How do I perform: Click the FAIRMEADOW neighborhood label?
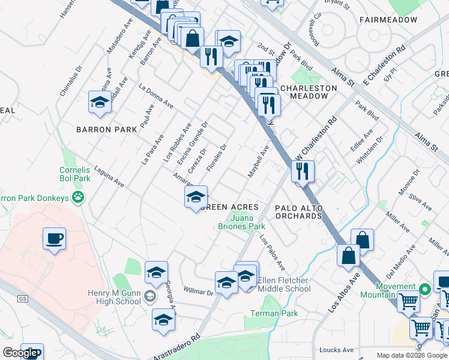point(388,20)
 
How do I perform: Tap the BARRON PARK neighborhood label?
point(99,129)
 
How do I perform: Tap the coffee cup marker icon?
point(54,239)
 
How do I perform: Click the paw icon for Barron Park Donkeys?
point(78,197)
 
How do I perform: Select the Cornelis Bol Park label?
point(74,174)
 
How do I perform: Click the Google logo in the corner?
point(19,353)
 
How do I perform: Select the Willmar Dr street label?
point(198,292)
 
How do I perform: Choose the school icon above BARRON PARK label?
point(99,102)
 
